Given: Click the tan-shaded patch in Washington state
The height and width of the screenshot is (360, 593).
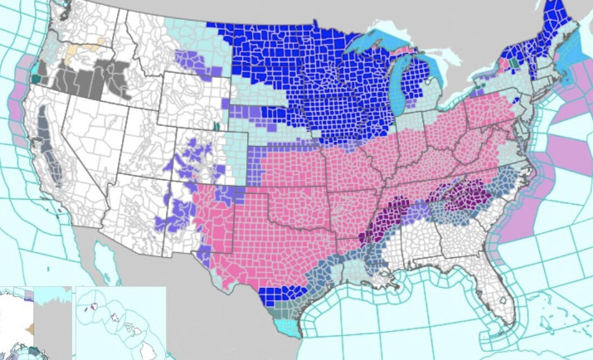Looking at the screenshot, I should tap(99, 42).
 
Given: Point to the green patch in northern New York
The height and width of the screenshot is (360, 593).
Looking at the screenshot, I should tap(514, 61).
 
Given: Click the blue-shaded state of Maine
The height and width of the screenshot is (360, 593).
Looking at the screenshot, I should tap(552, 33).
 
